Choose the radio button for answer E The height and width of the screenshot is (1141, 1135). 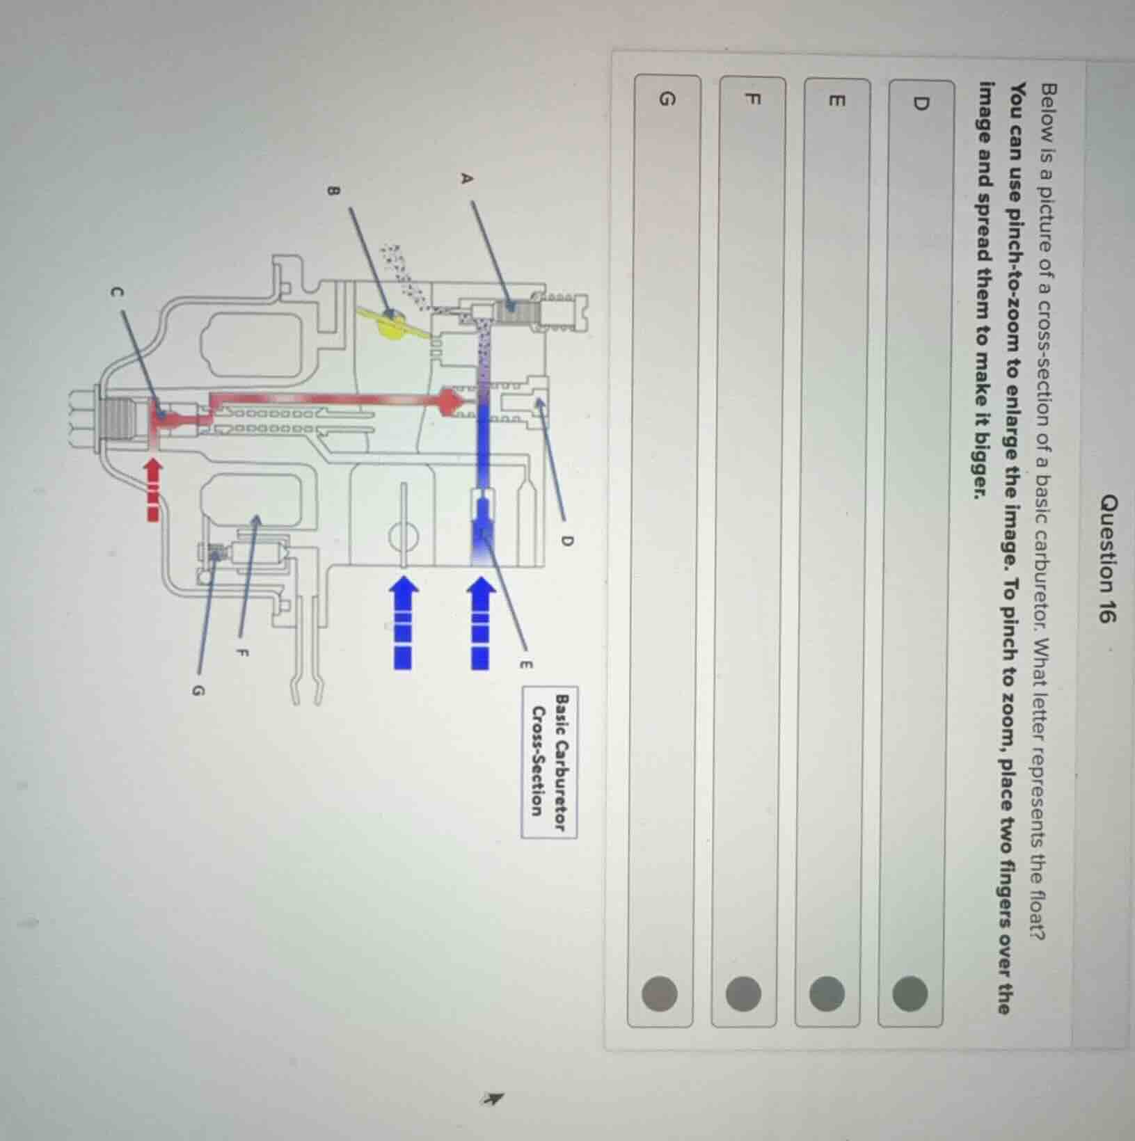point(827,992)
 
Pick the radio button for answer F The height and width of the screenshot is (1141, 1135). point(744,992)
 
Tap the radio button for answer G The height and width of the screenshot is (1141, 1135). point(659,992)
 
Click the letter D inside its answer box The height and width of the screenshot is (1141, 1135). point(920,104)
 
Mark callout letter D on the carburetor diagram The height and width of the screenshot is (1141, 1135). point(566,541)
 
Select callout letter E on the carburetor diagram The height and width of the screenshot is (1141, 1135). point(525,665)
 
